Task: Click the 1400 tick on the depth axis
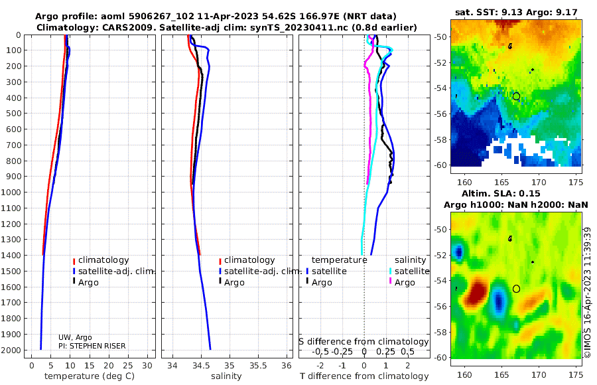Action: pos(14,256)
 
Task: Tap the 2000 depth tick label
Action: pos(14,350)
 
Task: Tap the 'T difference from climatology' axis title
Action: pos(364,376)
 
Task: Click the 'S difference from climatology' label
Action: pos(364,341)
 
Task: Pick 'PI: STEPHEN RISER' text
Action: pos(92,346)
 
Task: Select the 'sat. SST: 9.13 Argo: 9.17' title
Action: pos(517,12)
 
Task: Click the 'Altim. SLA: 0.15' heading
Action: pos(516,193)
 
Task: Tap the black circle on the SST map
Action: pos(516,96)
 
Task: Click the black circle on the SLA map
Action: pos(516,289)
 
